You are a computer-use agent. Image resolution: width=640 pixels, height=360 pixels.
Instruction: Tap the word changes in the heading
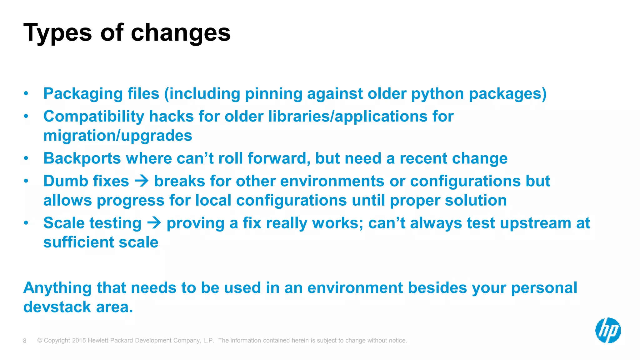click(x=181, y=33)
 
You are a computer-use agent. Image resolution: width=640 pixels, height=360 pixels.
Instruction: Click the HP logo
click(x=608, y=330)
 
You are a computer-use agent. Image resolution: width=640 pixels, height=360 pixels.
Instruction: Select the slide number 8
click(x=25, y=341)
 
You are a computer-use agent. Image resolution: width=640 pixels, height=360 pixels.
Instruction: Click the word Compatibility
click(x=94, y=117)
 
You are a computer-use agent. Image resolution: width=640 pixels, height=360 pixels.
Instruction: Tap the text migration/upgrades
click(x=117, y=136)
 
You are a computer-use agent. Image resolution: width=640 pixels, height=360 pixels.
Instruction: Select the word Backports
click(x=82, y=158)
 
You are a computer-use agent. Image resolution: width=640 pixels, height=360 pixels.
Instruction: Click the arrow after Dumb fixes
click(x=142, y=181)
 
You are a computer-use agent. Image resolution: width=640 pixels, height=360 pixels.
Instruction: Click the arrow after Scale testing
click(x=154, y=223)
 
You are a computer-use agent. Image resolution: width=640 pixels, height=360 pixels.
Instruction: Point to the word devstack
click(x=57, y=307)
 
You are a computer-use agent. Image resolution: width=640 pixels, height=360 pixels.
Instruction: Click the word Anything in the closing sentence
click(x=57, y=288)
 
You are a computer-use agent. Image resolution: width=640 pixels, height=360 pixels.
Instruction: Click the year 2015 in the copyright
click(x=79, y=341)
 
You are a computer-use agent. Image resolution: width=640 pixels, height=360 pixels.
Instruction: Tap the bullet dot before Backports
click(x=26, y=158)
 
